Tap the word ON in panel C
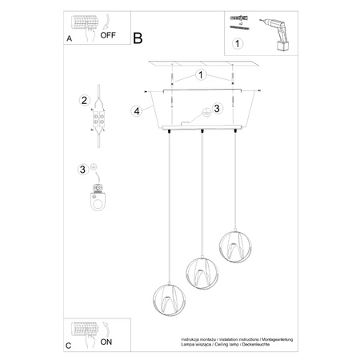pyautogui.click(x=106, y=339)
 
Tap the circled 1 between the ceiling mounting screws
pyautogui.click(x=200, y=75)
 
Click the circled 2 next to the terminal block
pyautogui.click(x=82, y=100)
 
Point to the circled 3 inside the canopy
pyautogui.click(x=214, y=109)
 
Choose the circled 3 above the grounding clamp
pyautogui.click(x=82, y=169)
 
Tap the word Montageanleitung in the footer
pyautogui.click(x=276, y=339)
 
